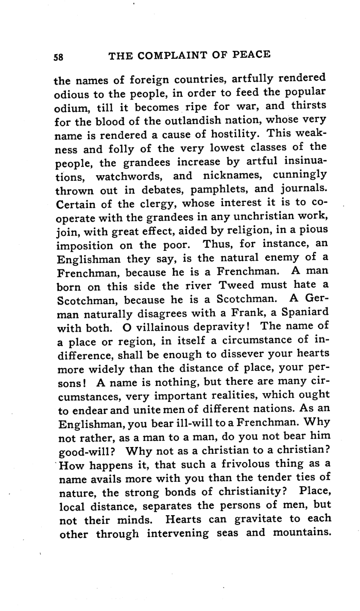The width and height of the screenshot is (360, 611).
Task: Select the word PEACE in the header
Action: coord(251,55)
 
